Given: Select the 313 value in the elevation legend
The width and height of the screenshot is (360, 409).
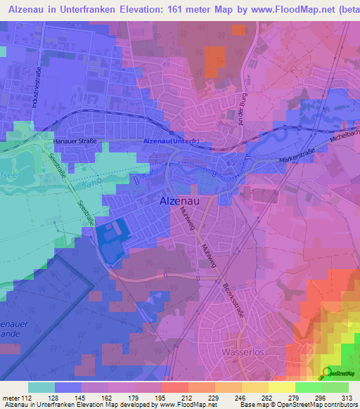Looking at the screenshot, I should click(x=347, y=397).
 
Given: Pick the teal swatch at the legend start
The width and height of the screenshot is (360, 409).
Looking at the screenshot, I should click(x=41, y=387).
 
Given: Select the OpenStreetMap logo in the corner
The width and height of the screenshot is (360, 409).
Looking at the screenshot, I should click(x=339, y=374).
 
